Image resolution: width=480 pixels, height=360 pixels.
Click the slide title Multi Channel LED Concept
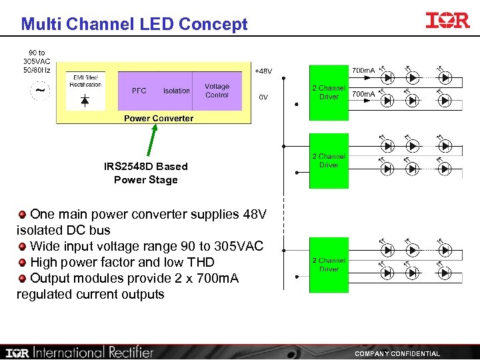pos(134,25)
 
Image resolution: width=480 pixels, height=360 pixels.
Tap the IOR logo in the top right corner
pos(447,21)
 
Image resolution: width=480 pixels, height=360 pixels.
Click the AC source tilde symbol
pos(41,90)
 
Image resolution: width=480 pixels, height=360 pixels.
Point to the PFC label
pos(139,91)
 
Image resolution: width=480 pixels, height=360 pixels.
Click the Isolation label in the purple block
pos(177,91)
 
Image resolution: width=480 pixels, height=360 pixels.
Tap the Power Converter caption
pos(159,119)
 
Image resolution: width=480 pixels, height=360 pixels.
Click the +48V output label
pos(263,71)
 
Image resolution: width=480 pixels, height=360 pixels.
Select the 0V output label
pos(263,97)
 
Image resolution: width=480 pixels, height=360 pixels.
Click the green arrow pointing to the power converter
pos(151,141)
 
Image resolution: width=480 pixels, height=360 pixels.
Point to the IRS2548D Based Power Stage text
pos(146,173)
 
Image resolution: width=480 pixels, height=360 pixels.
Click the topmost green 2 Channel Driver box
pos(329,92)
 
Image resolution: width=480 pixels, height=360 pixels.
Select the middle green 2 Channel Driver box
pos(329,161)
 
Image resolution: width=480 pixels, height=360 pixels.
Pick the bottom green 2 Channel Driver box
pos(329,265)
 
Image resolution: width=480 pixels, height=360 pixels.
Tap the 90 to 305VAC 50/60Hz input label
pos(37,61)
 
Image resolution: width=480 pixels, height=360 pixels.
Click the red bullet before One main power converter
pos(23,215)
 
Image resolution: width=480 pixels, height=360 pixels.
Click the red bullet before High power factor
pos(23,263)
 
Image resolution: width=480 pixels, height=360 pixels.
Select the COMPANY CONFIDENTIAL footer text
pos(397,353)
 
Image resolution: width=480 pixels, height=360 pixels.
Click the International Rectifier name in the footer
pos(93,352)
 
